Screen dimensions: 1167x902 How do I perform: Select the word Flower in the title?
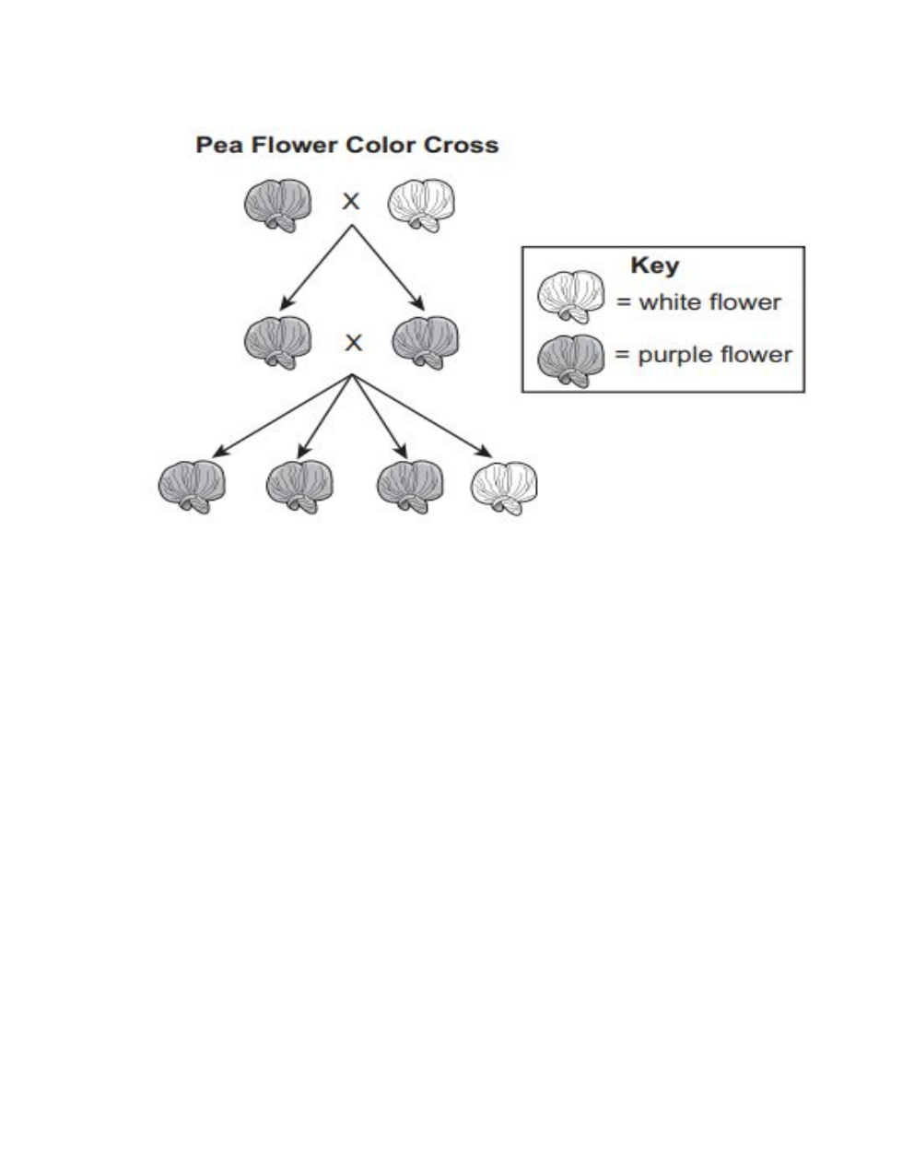pyautogui.click(x=295, y=146)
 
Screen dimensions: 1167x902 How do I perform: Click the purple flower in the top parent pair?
pyautogui.click(x=279, y=205)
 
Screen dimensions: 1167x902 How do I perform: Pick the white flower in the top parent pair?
pyautogui.click(x=422, y=205)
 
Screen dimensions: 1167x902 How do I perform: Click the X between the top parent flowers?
pyautogui.click(x=351, y=201)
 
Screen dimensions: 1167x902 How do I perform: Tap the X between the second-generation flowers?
pyautogui.click(x=353, y=343)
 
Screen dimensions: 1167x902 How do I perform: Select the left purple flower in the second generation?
pyautogui.click(x=277, y=342)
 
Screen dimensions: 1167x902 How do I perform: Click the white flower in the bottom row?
pyautogui.click(x=504, y=486)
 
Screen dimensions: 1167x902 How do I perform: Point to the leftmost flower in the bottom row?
pyautogui.click(x=192, y=486)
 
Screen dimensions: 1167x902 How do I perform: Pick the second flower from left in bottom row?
pyautogui.click(x=299, y=486)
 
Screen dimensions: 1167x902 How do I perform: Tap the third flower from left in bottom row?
pyautogui.click(x=411, y=486)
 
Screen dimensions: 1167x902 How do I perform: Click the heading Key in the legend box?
pyautogui.click(x=654, y=265)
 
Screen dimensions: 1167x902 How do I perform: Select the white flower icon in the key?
pyautogui.click(x=571, y=297)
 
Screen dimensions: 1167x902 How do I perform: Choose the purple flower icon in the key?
pyautogui.click(x=571, y=360)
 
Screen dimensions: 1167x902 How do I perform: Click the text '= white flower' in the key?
pyautogui.click(x=698, y=302)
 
